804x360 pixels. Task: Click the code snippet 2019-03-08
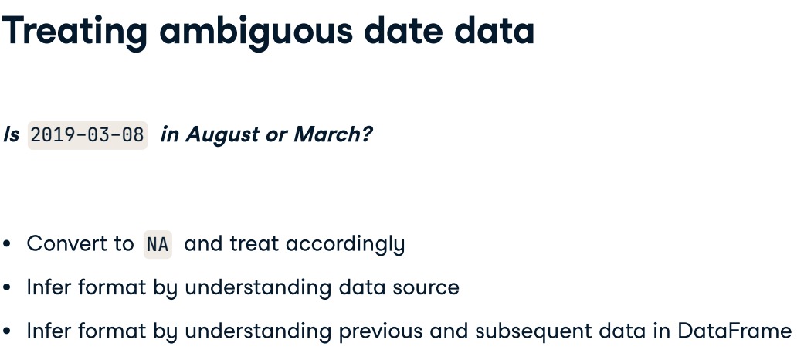click(x=87, y=134)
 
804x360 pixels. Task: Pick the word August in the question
click(x=223, y=134)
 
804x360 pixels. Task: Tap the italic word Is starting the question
click(x=11, y=134)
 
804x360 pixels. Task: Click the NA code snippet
click(x=157, y=245)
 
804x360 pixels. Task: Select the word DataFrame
click(x=734, y=331)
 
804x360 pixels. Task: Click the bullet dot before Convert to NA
click(x=8, y=245)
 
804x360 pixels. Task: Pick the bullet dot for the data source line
click(x=8, y=288)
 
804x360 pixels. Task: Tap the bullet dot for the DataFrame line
click(x=8, y=331)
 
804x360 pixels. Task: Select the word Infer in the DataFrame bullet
click(x=50, y=331)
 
